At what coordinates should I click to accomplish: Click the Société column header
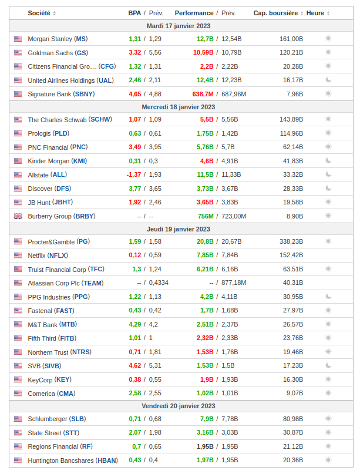click(39, 13)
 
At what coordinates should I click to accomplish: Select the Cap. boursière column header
click(275, 13)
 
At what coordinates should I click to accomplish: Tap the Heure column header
click(315, 13)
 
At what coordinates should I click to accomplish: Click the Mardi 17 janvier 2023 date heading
click(179, 26)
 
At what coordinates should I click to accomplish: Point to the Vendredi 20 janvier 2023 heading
click(179, 406)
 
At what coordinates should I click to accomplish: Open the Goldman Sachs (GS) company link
click(58, 53)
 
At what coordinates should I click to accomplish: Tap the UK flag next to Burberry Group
click(18, 216)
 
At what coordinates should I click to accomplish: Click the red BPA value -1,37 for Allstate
click(134, 175)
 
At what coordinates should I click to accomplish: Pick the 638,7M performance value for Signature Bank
click(203, 94)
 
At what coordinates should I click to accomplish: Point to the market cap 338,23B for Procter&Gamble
click(291, 241)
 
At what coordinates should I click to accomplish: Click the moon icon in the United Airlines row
click(328, 80)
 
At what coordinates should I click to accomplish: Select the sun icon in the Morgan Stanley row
click(328, 39)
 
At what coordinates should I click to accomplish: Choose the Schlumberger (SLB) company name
click(56, 419)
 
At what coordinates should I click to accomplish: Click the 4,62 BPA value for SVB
click(135, 365)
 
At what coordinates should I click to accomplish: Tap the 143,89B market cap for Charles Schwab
click(291, 119)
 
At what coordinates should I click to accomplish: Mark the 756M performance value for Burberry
click(206, 216)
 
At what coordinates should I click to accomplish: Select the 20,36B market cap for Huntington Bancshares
click(293, 460)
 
